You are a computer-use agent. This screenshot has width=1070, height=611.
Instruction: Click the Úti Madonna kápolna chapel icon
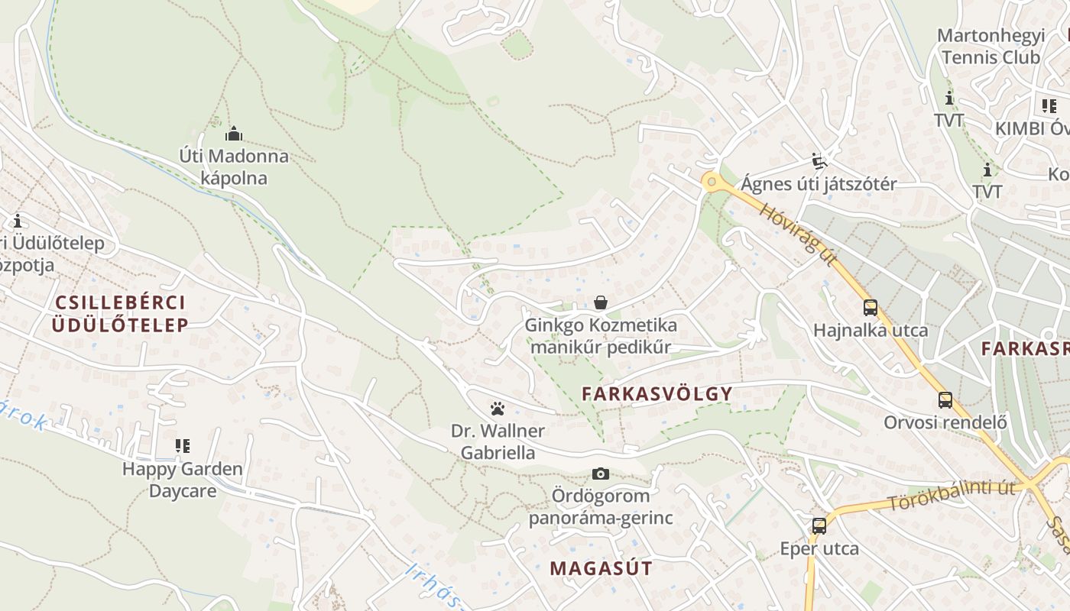[234, 134]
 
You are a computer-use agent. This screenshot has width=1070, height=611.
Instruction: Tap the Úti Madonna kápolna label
[234, 167]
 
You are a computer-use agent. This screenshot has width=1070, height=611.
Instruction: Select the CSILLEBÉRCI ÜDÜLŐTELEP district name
[120, 313]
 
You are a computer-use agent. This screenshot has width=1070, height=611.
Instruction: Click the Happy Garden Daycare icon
[182, 445]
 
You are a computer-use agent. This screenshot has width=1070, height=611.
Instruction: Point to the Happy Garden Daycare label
[182, 480]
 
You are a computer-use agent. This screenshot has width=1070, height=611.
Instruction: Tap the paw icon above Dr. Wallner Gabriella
[498, 409]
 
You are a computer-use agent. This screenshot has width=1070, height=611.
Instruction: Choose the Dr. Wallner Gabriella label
[498, 441]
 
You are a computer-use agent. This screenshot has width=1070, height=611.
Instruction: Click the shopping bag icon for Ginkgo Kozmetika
[601, 303]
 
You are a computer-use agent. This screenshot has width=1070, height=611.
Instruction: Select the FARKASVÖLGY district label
[657, 394]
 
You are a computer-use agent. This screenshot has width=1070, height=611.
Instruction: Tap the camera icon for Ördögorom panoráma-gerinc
[601, 474]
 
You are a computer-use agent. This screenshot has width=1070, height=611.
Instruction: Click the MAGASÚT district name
[601, 568]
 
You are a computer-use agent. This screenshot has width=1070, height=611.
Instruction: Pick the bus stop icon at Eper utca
[819, 525]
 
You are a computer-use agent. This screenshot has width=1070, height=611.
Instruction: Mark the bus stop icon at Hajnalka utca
[870, 308]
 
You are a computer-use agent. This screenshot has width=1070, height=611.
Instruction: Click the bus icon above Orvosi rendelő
[945, 399]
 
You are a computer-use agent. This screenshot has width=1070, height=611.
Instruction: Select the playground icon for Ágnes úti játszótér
[819, 160]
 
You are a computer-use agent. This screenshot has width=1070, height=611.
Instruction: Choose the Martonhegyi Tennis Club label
[990, 47]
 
